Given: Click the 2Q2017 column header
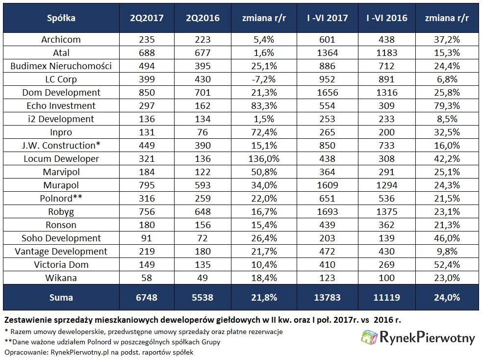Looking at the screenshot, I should [x=147, y=18].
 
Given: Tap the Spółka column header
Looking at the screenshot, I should [x=61, y=18].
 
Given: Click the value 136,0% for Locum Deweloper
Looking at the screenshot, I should [x=264, y=158].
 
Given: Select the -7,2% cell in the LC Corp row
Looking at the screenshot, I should [x=264, y=79].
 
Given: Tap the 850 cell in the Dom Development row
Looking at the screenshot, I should [x=147, y=92].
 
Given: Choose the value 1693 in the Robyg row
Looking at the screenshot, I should [x=328, y=211].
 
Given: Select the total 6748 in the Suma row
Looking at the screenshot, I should [x=147, y=298].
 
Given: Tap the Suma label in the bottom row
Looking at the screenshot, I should [x=61, y=298].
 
